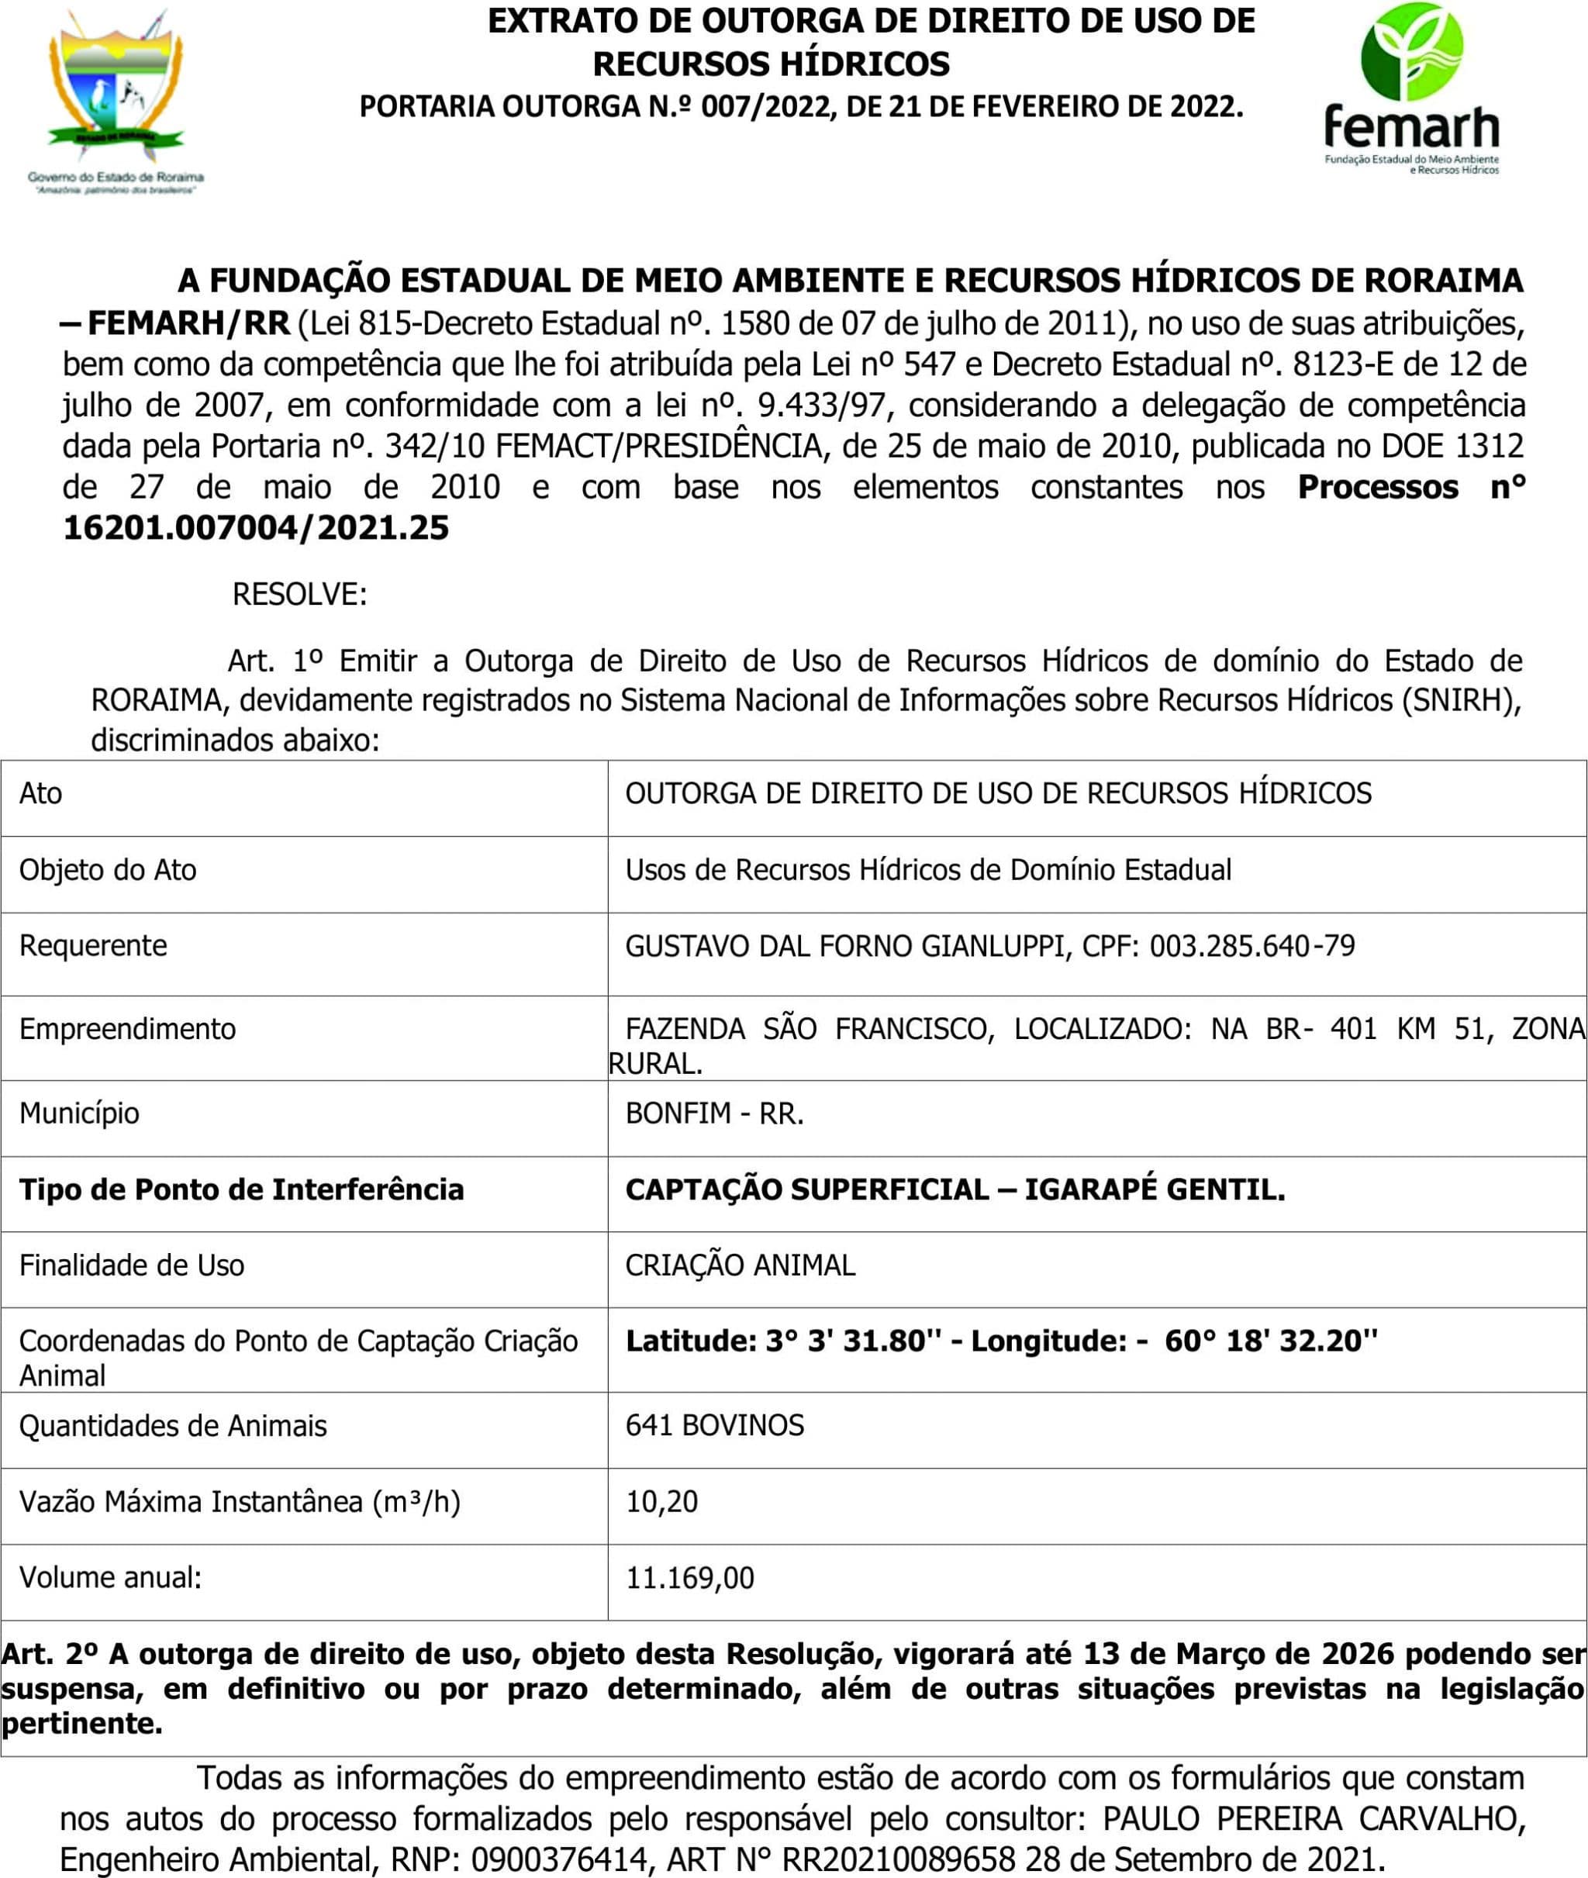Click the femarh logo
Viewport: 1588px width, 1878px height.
pyautogui.click(x=1411, y=90)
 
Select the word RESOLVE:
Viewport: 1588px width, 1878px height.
pyautogui.click(x=300, y=595)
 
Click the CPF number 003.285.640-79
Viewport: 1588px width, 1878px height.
pyautogui.click(x=1252, y=946)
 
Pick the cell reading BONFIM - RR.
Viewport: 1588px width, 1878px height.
pyautogui.click(x=714, y=1113)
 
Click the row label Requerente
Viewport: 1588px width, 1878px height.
pyautogui.click(x=94, y=946)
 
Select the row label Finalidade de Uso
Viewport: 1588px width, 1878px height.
pyautogui.click(x=132, y=1265)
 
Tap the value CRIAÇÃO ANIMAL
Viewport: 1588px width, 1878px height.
pyautogui.click(x=740, y=1265)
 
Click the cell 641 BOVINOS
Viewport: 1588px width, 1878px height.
pyautogui.click(x=715, y=1426)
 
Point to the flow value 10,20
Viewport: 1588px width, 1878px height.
pyautogui.click(x=661, y=1502)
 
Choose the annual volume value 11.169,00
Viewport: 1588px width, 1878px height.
pyautogui.click(x=689, y=1578)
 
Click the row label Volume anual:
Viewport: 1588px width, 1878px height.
pyautogui.click(x=111, y=1578)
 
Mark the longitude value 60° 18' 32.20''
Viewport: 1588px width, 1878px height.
pyautogui.click(x=1271, y=1341)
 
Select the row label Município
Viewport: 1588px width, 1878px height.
pyautogui.click(x=79, y=1113)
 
